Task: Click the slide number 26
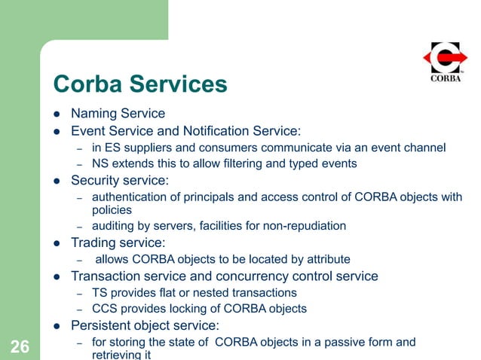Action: click(x=20, y=347)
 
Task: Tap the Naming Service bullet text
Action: click(x=118, y=114)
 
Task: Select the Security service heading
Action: click(x=120, y=181)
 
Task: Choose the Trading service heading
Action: click(x=118, y=243)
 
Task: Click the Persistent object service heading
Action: click(x=145, y=325)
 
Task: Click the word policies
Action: click(x=112, y=210)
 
